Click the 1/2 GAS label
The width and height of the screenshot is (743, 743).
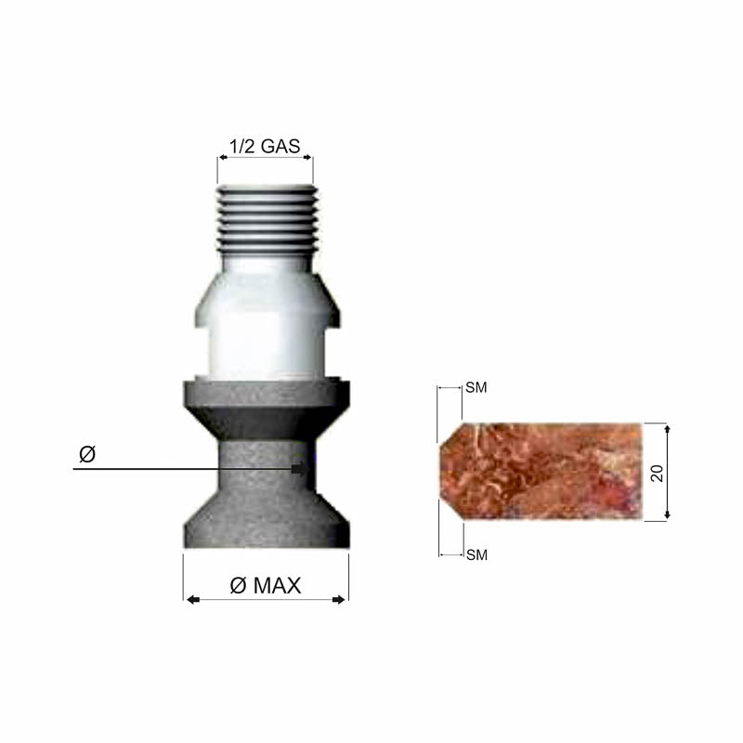pyautogui.click(x=265, y=146)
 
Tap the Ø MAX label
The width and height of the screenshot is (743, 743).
pyautogui.click(x=266, y=586)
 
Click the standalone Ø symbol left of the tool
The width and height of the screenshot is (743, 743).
pyautogui.click(x=87, y=454)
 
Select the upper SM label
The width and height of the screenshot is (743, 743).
pyautogui.click(x=476, y=387)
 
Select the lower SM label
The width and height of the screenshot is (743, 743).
pyautogui.click(x=476, y=554)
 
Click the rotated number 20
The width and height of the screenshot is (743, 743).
pyautogui.click(x=657, y=473)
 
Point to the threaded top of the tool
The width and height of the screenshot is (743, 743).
pyautogui.click(x=267, y=219)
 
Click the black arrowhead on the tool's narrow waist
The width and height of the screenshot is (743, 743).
pyautogui.click(x=299, y=469)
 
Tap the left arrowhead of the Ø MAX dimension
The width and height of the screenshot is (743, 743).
pyautogui.click(x=193, y=600)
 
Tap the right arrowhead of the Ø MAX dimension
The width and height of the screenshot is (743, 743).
pyautogui.click(x=339, y=600)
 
